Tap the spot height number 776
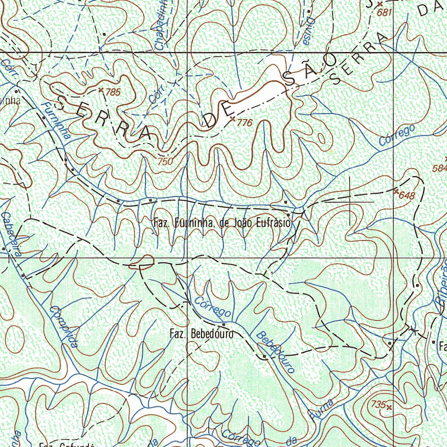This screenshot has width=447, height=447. pos(244,124)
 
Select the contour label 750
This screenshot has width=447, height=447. pos(165,162)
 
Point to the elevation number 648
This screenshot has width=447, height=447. pos(407,196)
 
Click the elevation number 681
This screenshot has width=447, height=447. pos(385,13)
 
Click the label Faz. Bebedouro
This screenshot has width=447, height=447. pos(201,334)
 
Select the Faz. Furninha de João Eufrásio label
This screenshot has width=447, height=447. pos(222,223)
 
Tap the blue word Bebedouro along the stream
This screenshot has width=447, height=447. pos(275,352)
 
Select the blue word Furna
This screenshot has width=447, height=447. pos(322,409)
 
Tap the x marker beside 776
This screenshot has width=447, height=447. pos(232,119)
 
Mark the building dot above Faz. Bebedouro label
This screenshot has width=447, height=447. pos(224,325)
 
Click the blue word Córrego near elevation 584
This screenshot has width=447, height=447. pos(397,136)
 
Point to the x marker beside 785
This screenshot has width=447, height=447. pos(101,90)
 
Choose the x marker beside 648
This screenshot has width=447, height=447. pos(395,191)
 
